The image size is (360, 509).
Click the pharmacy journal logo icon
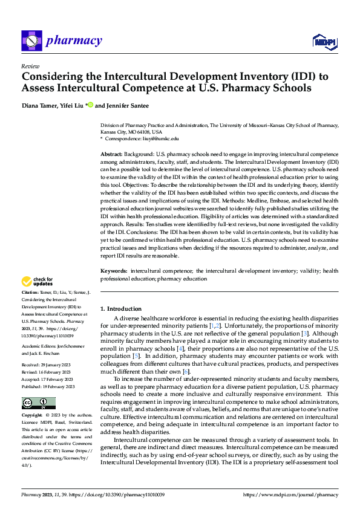pyautogui.click(x=31, y=41)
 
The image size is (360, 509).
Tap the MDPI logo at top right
pyautogui.click(x=324, y=41)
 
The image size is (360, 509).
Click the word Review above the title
pyautogui.click(x=30, y=66)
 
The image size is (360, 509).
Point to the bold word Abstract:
pyautogui.click(x=112, y=155)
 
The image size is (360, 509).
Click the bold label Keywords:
pyautogui.click(x=114, y=272)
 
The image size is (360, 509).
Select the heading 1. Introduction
pyautogui.click(x=121, y=309)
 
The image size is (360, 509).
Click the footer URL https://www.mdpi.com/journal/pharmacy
pyautogui.click(x=290, y=495)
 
